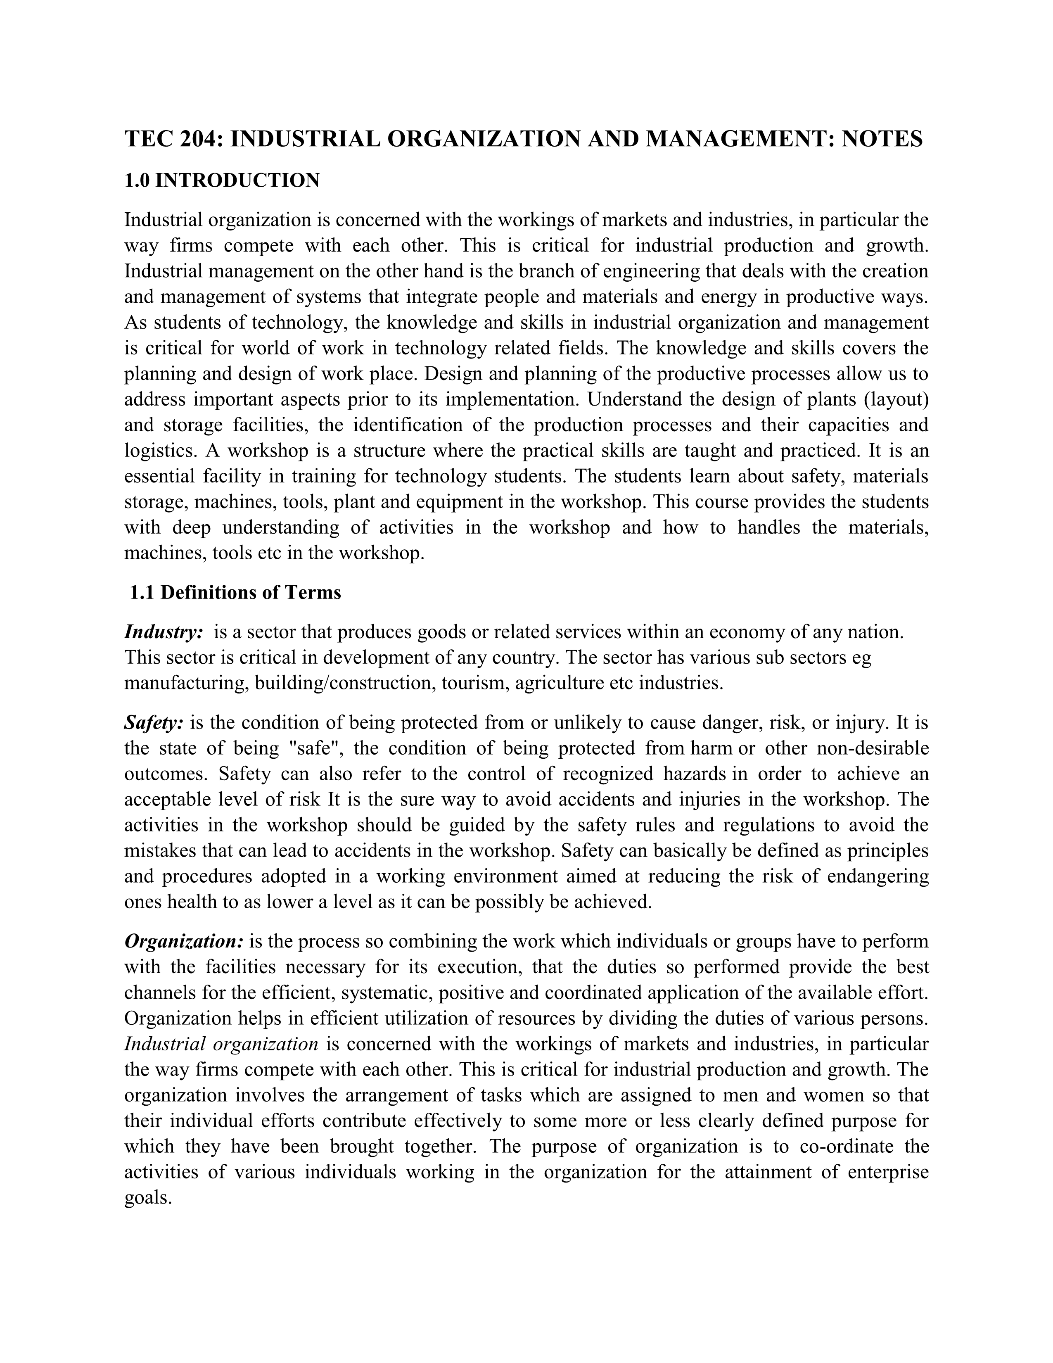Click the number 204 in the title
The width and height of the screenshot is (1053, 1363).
(198, 138)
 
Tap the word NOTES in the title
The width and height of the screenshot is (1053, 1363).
(882, 138)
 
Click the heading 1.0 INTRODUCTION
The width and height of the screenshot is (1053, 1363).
(222, 181)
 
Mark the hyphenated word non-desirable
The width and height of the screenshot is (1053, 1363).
(873, 748)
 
